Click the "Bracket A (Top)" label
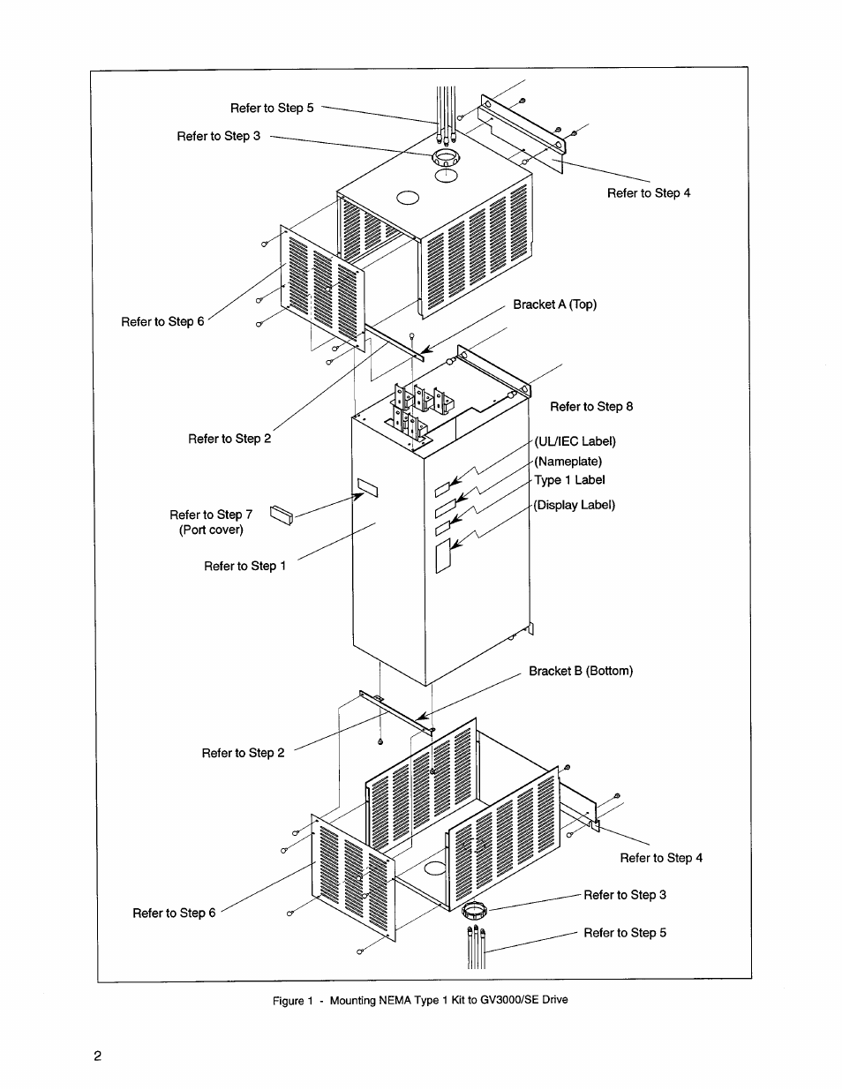point(554,304)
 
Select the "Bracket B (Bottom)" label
point(581,671)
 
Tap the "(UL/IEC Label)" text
point(575,441)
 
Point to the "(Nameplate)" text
point(568,461)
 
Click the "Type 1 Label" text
point(569,480)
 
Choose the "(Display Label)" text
point(574,505)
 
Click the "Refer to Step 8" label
point(591,407)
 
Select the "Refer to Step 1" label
point(244,566)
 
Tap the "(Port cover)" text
point(211,530)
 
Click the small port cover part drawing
point(281,515)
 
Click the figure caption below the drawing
point(419,1000)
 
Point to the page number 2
point(97,1056)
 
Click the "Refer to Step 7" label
point(211,515)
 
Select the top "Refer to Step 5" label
point(272,108)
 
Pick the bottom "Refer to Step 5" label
point(625,933)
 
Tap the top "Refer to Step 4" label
point(649,193)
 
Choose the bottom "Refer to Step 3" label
point(625,895)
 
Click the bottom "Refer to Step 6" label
point(174,913)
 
